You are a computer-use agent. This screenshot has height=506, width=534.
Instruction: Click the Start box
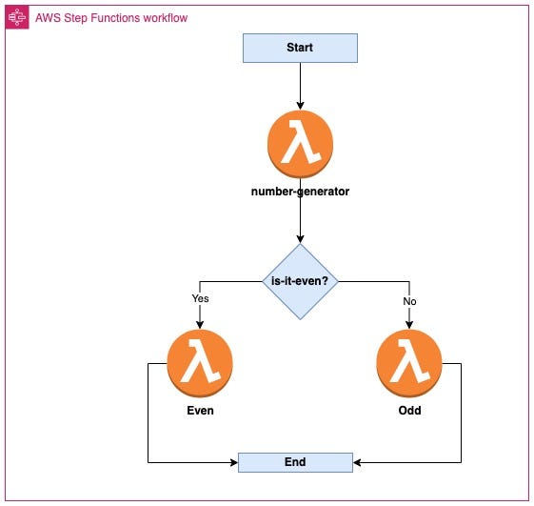point(300,48)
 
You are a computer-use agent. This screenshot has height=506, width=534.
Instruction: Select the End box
point(295,462)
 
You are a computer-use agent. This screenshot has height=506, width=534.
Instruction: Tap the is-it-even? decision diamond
point(300,282)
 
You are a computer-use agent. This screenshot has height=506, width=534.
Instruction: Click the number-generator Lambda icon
point(300,144)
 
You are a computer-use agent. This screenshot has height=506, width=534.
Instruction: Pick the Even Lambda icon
point(200,363)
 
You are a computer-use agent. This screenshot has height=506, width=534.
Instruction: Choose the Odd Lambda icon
point(409,363)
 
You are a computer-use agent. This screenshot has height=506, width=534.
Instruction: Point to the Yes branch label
point(200,298)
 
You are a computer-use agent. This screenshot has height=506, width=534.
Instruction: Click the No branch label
point(409,301)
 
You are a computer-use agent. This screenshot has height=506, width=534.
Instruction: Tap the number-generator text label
point(300,192)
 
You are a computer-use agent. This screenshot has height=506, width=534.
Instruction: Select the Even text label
point(200,411)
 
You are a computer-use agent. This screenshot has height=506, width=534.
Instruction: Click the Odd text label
point(409,411)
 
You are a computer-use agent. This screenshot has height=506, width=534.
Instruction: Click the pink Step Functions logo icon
point(17,17)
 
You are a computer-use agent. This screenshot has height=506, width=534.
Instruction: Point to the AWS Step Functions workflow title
point(111,18)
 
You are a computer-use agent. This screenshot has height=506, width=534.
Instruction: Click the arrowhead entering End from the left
point(234,462)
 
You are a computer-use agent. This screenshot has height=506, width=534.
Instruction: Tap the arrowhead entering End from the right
point(357,462)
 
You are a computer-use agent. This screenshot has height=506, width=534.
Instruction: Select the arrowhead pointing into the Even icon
point(200,325)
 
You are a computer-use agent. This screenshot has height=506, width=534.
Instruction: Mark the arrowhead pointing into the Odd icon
point(409,325)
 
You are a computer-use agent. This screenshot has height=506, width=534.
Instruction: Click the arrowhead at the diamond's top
point(300,239)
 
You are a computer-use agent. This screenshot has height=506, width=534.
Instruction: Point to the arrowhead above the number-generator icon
point(300,106)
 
